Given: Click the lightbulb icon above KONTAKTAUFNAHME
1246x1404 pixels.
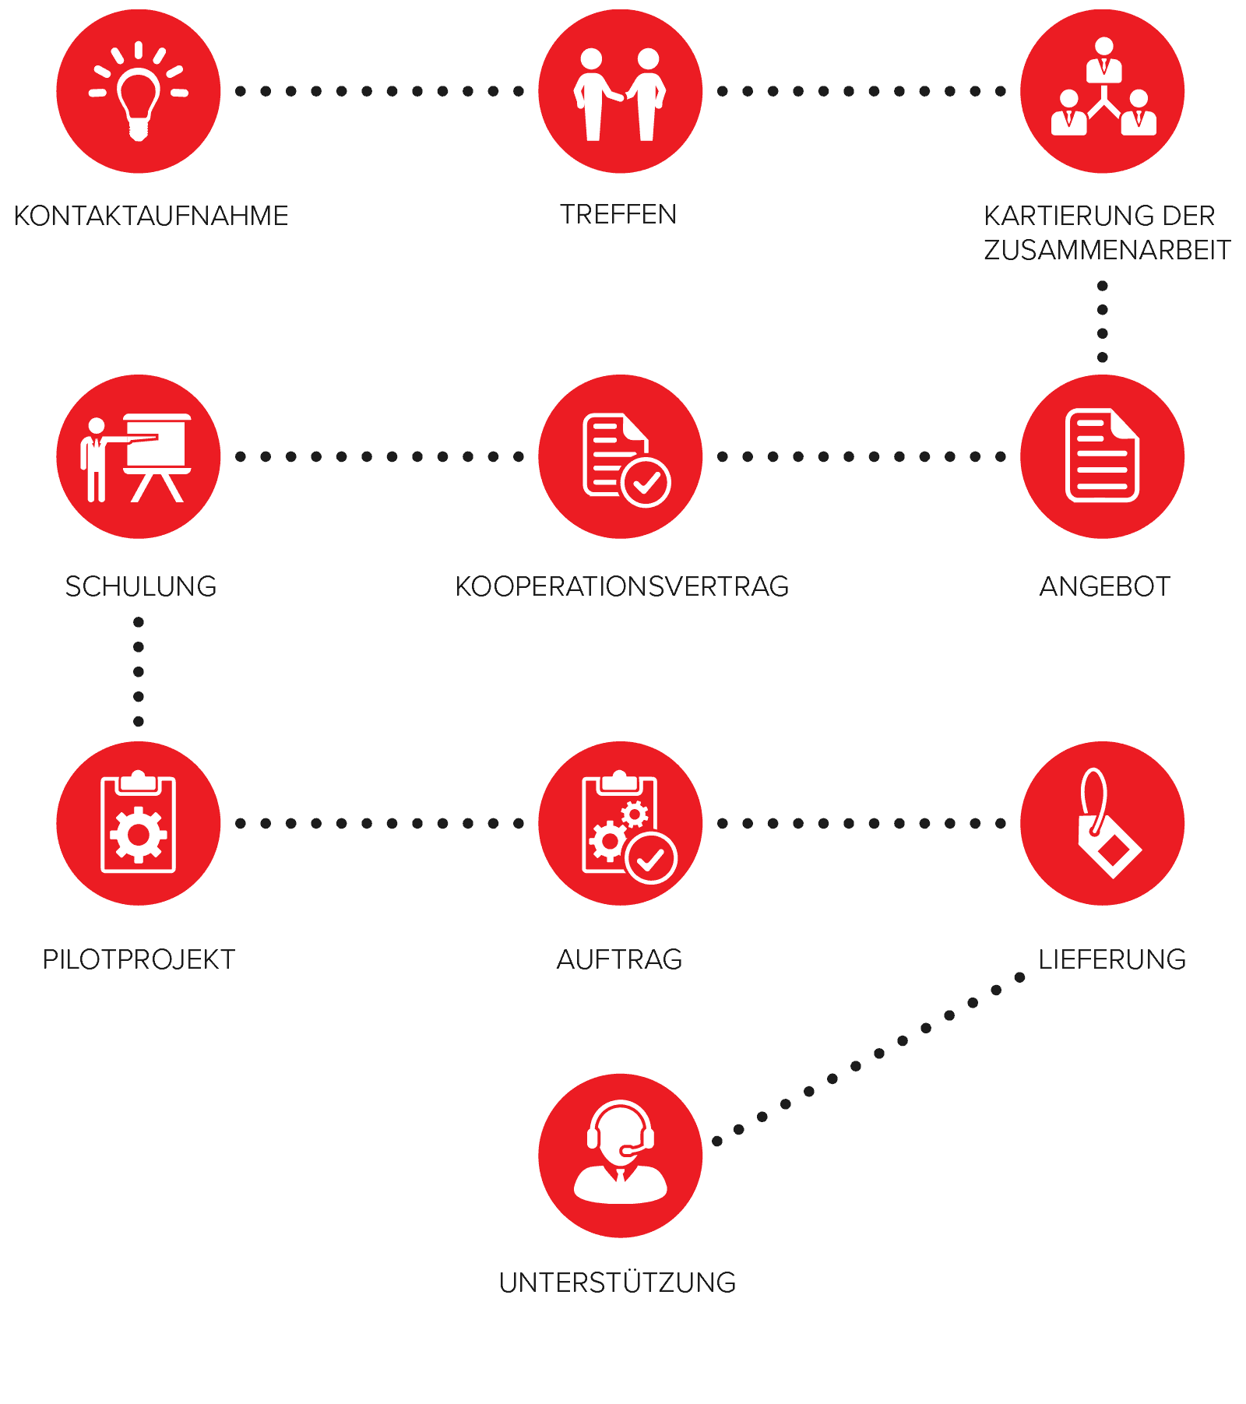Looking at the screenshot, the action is point(139,91).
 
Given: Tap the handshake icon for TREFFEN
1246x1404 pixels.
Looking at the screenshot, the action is point(620,94).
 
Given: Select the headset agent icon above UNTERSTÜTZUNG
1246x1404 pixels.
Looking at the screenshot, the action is point(621,1152).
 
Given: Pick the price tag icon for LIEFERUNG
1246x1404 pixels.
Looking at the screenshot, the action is point(1108,823).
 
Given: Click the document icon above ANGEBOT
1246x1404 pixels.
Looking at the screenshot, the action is point(1102,455).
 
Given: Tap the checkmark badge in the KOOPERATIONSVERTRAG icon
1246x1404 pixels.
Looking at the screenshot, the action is point(646,483).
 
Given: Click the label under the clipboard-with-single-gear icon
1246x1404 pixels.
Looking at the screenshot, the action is point(139,959).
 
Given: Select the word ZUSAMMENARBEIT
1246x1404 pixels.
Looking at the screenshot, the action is point(1107,250).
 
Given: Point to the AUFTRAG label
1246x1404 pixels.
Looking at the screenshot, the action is point(620,959).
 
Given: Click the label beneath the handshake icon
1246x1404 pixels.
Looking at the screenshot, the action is point(619,214).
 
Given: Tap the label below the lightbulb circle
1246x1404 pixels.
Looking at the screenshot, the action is point(151,216).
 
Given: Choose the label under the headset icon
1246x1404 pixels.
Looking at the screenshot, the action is point(618,1283).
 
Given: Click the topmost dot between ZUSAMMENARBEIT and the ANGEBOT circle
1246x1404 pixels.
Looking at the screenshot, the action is point(1103,286).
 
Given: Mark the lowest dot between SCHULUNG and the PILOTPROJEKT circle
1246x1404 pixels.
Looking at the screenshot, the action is point(139,721).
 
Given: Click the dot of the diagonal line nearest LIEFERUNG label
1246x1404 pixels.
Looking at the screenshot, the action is point(1019,977).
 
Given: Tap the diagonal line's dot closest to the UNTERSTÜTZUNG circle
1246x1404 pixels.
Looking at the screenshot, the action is point(717,1142).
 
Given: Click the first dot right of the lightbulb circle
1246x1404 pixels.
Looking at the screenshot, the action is point(241,91).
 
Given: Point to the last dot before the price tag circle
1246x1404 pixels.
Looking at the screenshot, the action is point(1001,823).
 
